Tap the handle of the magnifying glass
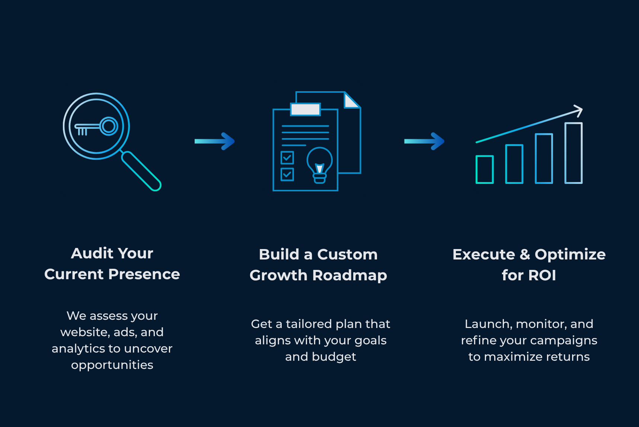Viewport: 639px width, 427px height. click(x=141, y=171)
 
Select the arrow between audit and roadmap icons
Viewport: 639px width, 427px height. click(x=215, y=141)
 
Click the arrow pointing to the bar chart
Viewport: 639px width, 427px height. click(x=424, y=141)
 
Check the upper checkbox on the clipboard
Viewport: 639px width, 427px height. click(x=287, y=158)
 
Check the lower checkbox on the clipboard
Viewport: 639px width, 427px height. click(x=287, y=174)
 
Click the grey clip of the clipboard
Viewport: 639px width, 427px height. click(x=305, y=109)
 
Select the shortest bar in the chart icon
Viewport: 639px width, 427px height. click(x=485, y=169)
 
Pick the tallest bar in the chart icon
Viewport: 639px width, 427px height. click(x=573, y=153)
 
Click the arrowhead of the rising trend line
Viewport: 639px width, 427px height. click(x=578, y=111)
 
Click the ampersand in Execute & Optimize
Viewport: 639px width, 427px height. click(x=525, y=255)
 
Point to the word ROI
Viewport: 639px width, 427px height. click(x=542, y=275)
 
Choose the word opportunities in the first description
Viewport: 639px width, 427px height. click(x=112, y=365)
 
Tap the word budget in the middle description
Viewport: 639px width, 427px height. click(x=334, y=357)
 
